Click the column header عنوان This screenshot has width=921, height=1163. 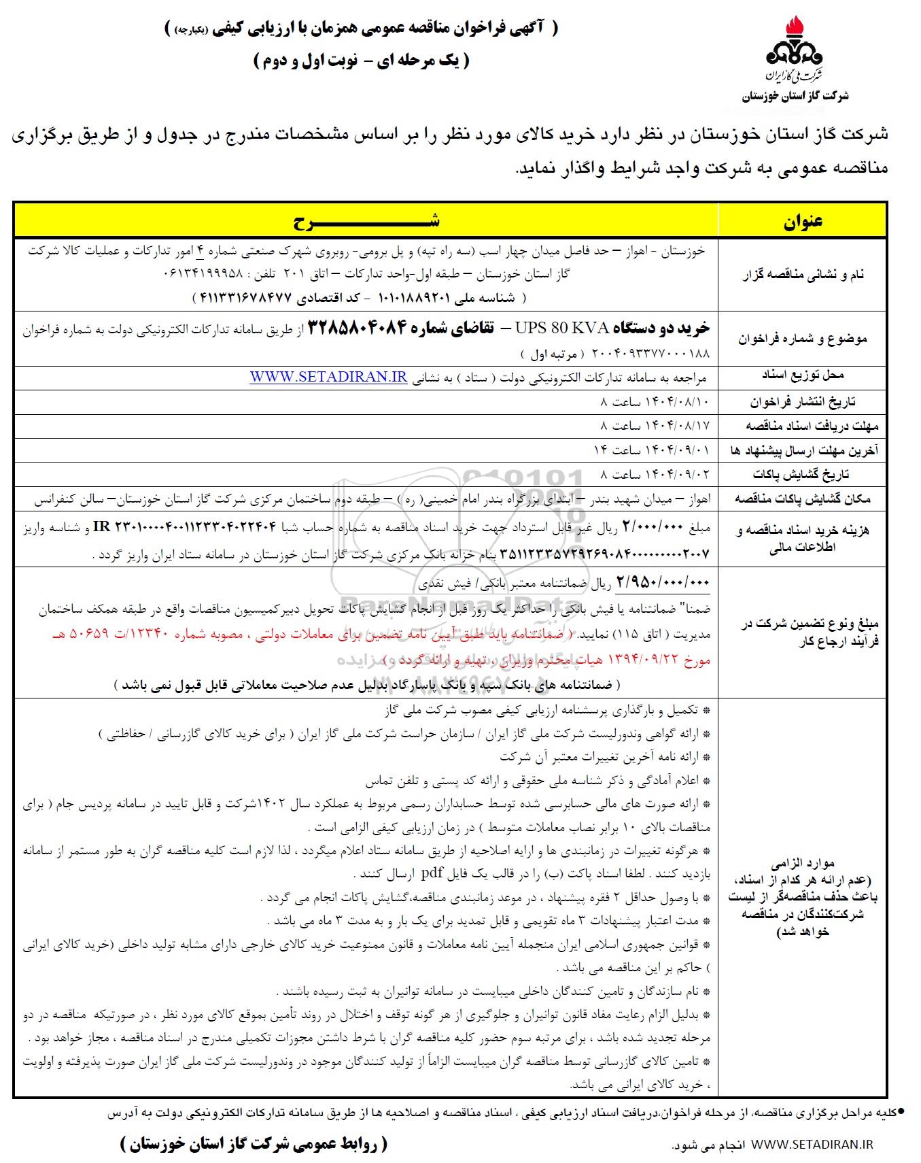(x=803, y=221)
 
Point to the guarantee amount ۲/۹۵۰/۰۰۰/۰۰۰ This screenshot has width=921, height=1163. (x=663, y=581)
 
